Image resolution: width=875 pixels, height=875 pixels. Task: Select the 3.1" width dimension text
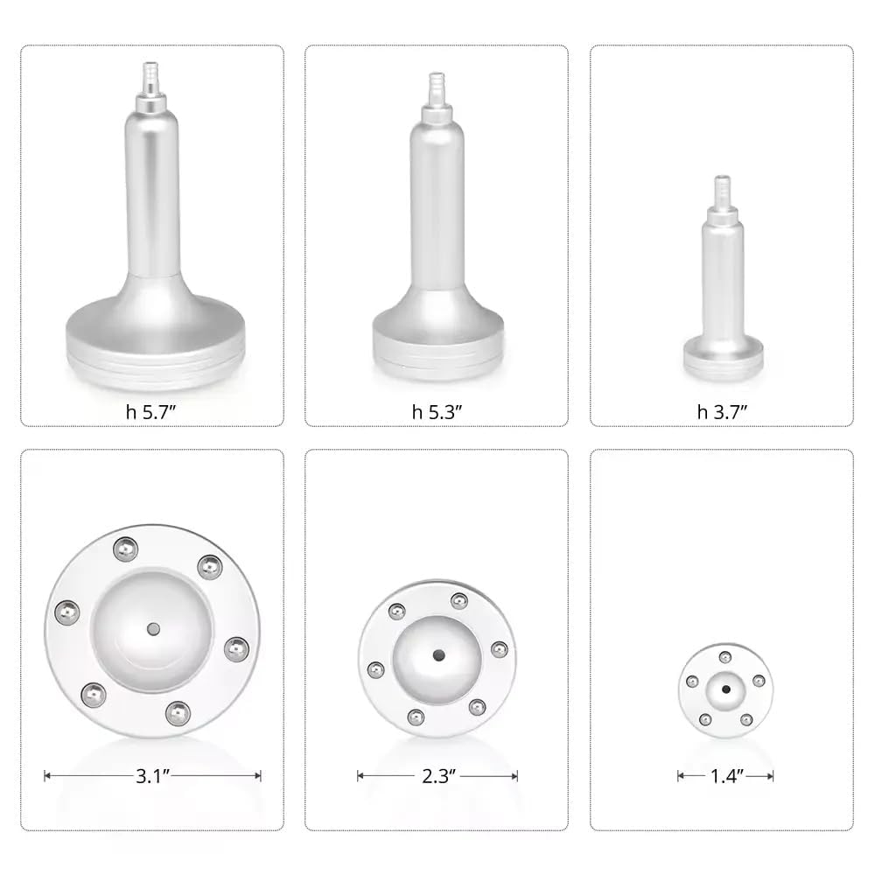point(152,774)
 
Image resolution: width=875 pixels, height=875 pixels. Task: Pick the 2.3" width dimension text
point(437,774)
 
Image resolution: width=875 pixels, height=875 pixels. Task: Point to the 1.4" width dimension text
point(724,774)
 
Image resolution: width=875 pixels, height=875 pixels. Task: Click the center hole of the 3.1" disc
point(153,628)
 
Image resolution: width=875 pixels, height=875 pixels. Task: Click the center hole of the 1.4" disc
point(725,689)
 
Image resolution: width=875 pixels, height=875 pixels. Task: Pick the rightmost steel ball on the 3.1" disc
point(235,648)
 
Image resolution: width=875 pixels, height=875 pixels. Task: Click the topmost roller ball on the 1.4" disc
point(724,657)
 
